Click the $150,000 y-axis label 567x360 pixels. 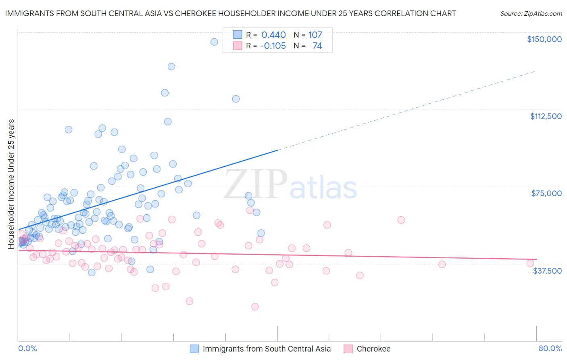(x=544, y=39)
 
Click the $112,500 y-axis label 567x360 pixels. (x=546, y=116)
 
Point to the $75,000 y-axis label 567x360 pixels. (x=546, y=193)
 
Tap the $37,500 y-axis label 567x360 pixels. (x=547, y=270)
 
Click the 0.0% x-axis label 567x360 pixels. (x=27, y=348)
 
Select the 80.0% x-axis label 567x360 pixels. (x=550, y=348)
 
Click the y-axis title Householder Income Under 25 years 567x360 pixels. (x=11, y=184)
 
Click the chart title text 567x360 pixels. (x=230, y=13)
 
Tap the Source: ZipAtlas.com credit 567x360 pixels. (x=531, y=13)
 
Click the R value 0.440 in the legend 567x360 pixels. (x=273, y=35)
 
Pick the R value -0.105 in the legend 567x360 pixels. (x=273, y=46)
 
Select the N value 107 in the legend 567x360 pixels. (x=315, y=35)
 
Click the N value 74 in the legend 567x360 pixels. (x=317, y=46)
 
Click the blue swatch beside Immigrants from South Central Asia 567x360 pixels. (x=194, y=349)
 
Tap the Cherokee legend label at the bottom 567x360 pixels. (x=373, y=349)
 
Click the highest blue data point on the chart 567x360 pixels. (x=214, y=42)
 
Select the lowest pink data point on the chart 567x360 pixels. (x=255, y=307)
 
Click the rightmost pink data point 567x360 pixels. (x=530, y=263)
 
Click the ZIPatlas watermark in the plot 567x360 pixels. (x=290, y=185)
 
